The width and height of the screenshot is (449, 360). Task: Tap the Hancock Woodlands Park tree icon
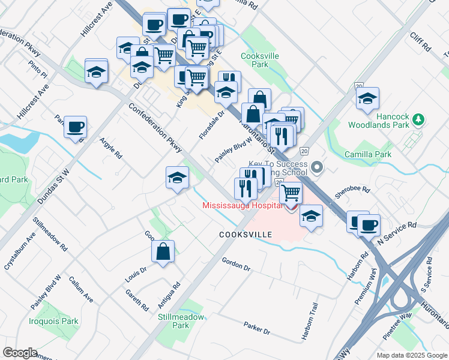click(x=418, y=121)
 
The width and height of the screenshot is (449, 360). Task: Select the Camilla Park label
click(x=368, y=154)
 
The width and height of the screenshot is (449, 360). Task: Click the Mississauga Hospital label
click(x=243, y=205)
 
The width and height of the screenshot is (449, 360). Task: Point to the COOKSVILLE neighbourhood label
click(x=246, y=235)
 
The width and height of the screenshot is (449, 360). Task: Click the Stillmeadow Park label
click(x=173, y=320)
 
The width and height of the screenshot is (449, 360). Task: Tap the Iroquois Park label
click(x=54, y=321)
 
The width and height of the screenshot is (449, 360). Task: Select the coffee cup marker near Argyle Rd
click(x=76, y=127)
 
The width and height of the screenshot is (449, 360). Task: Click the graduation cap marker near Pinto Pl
click(x=96, y=72)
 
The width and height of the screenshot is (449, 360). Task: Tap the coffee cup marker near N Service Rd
click(x=369, y=225)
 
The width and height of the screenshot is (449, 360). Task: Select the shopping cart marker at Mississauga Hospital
click(x=291, y=193)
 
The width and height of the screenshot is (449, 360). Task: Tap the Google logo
click(x=20, y=353)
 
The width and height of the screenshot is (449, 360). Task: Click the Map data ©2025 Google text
click(x=411, y=355)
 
